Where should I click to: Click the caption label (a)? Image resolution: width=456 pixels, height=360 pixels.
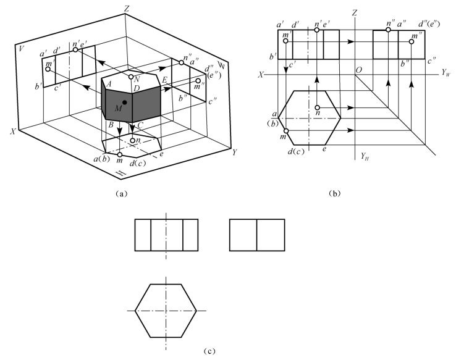[121, 193]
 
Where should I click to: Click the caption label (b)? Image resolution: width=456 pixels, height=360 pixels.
[336, 193]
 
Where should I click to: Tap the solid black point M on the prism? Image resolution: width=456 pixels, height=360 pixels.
[125, 103]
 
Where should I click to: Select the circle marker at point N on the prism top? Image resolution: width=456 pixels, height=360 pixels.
[131, 77]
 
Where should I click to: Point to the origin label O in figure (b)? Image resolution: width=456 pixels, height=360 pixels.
[358, 70]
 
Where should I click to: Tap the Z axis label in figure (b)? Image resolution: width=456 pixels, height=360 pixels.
[355, 11]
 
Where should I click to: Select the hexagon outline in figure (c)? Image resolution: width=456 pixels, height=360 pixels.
[166, 309]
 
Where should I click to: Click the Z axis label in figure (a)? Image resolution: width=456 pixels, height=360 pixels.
[127, 8]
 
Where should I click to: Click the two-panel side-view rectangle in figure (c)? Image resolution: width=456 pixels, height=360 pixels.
[257, 235]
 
